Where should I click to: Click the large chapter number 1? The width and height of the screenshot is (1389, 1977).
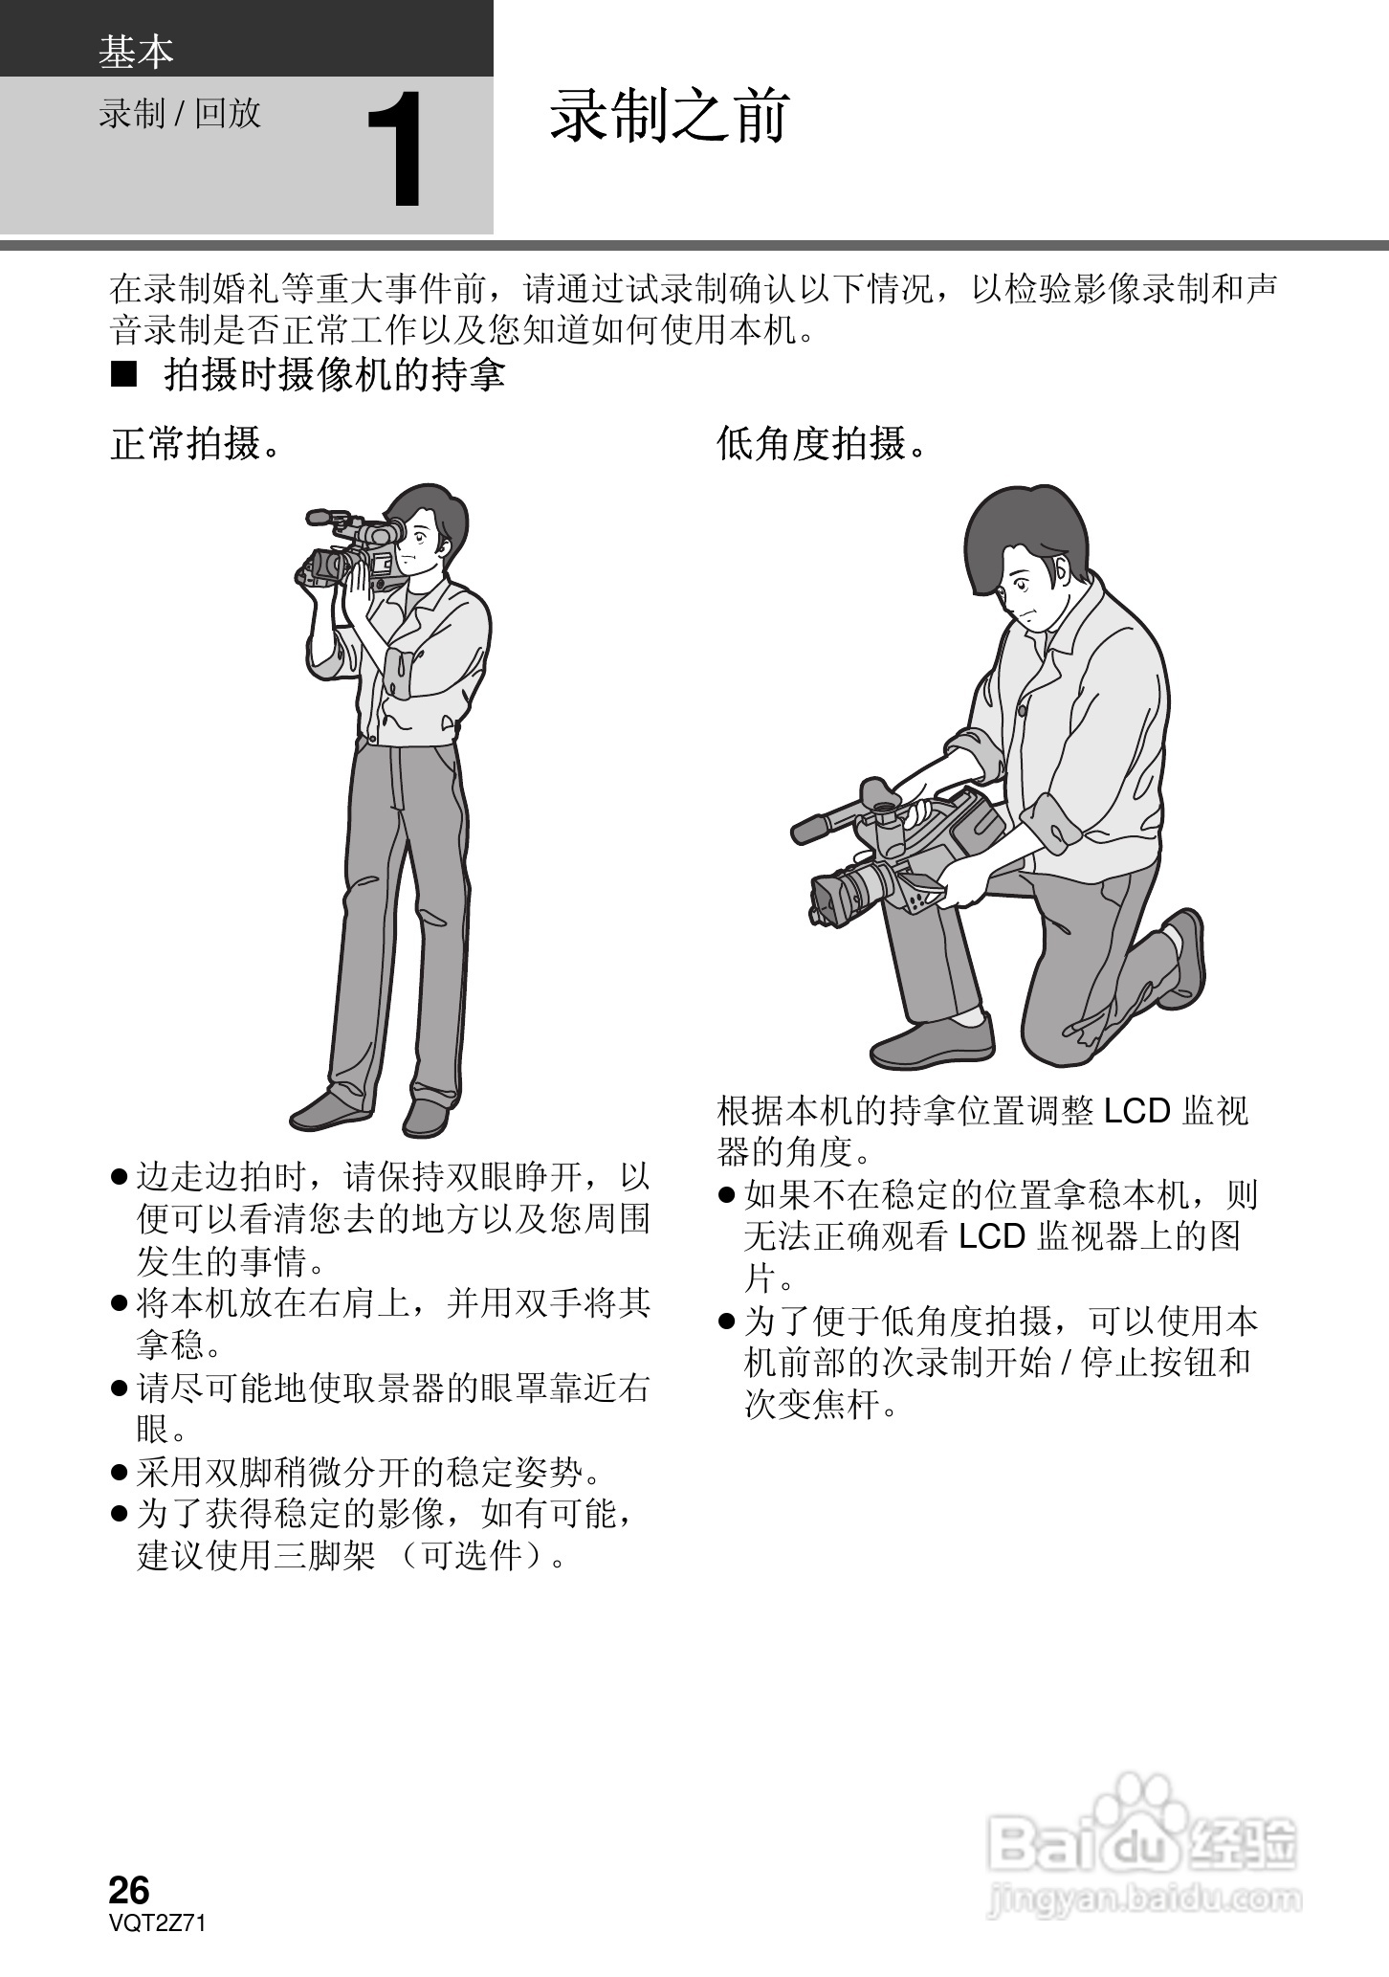[x=396, y=150]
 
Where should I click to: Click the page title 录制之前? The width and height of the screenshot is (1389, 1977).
[x=669, y=117]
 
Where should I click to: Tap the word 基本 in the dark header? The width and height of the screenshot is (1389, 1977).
[x=136, y=52]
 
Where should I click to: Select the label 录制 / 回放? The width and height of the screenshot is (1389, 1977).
[x=180, y=114]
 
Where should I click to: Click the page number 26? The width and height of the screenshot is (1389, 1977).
[x=129, y=1890]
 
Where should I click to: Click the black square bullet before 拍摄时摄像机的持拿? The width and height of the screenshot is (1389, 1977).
[x=124, y=375]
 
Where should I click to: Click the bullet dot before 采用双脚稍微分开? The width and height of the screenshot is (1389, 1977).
[x=120, y=1473]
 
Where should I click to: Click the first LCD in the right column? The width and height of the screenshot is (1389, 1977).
[x=1136, y=1111]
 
